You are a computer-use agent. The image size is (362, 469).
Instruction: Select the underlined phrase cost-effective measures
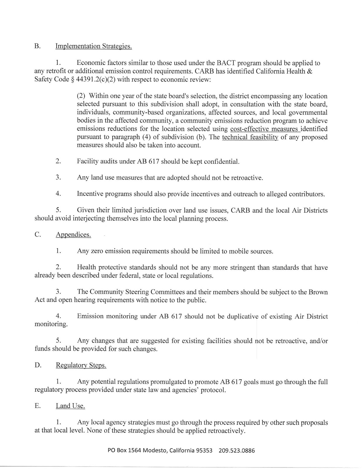click(264, 129)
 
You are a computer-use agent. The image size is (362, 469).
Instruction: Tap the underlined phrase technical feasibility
click(250, 137)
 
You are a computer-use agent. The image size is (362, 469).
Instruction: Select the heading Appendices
click(73, 235)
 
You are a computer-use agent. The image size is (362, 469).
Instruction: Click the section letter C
click(37, 235)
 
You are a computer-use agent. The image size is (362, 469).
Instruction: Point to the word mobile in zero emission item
click(239, 251)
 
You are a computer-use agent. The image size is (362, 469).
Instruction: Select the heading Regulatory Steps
click(81, 366)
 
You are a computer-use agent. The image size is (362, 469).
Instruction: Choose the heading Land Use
click(70, 406)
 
